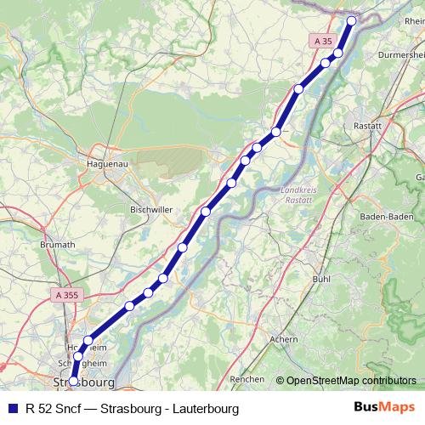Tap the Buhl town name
321,278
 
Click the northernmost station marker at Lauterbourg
352,21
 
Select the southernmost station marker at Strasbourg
74,381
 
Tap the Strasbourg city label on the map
83,382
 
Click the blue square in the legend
13,408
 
